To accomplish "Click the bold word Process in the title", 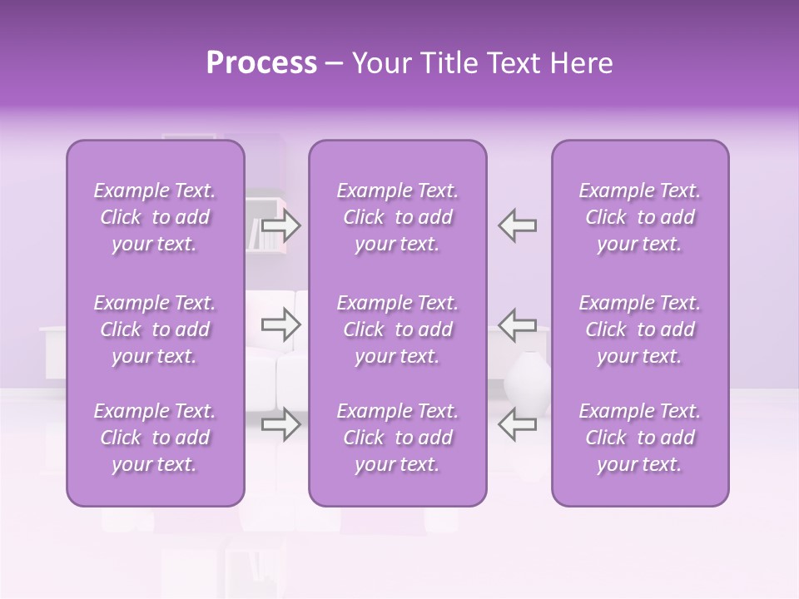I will [x=261, y=63].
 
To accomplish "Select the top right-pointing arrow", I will [x=281, y=225].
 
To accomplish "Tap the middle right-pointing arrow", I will [x=281, y=324].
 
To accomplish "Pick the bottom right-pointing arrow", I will [x=281, y=424].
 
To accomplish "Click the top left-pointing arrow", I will [x=517, y=225].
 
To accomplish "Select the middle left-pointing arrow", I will [x=517, y=324].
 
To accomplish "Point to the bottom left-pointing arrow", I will [x=517, y=424].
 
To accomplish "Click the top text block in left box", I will [x=155, y=217].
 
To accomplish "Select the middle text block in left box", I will [x=155, y=329].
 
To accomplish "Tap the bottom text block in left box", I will [x=155, y=438].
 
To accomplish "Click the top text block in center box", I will [x=397, y=217].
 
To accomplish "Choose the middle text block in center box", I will [x=397, y=329].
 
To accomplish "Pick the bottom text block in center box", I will [x=397, y=438].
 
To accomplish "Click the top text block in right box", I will [x=640, y=217].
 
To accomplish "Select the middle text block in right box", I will [x=640, y=329].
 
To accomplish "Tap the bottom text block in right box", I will [x=640, y=438].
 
